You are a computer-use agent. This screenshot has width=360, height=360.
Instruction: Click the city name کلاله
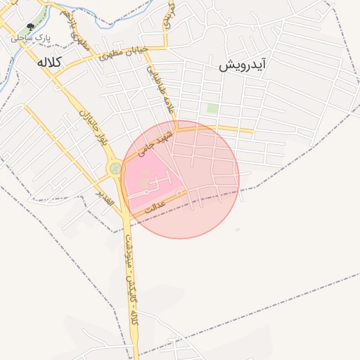coord(51,63)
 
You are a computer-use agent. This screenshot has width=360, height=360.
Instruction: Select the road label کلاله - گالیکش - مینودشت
coord(131,281)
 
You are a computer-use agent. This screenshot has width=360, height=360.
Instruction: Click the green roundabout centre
coord(115,169)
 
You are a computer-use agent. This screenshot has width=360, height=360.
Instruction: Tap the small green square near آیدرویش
coord(212,109)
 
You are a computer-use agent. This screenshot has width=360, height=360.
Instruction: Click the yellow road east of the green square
coord(239,129)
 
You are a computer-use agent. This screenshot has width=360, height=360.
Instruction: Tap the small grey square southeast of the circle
coord(237,230)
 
